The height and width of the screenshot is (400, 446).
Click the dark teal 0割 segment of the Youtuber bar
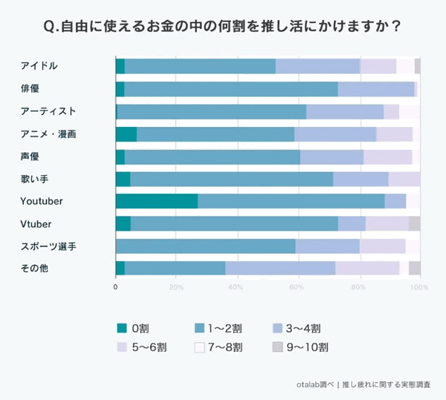(157, 201)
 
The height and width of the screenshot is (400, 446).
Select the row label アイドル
(39, 66)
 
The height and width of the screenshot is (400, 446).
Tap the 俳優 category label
(30, 88)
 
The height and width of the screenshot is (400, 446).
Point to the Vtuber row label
(36, 224)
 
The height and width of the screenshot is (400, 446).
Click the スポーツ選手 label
(48, 246)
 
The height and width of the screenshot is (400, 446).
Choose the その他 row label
(34, 269)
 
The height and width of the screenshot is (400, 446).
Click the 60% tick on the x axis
(297, 287)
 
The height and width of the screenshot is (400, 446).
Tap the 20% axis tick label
(176, 287)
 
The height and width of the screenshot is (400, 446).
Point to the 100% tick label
(419, 287)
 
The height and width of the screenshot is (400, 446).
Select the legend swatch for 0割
(122, 328)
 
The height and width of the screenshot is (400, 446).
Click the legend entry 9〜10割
(300, 347)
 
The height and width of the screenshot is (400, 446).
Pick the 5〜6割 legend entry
(142, 347)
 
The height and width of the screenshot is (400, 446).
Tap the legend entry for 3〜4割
(297, 329)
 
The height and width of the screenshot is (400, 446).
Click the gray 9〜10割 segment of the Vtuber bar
(415, 223)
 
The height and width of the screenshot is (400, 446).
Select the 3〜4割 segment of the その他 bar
(280, 268)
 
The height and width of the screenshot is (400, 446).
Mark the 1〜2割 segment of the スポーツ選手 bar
(206, 246)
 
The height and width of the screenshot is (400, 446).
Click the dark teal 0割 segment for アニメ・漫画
(126, 134)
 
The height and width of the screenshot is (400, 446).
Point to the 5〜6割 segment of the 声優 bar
(388, 157)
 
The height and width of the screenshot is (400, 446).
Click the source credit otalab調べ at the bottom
(315, 384)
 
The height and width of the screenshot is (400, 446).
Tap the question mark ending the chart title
(395, 27)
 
